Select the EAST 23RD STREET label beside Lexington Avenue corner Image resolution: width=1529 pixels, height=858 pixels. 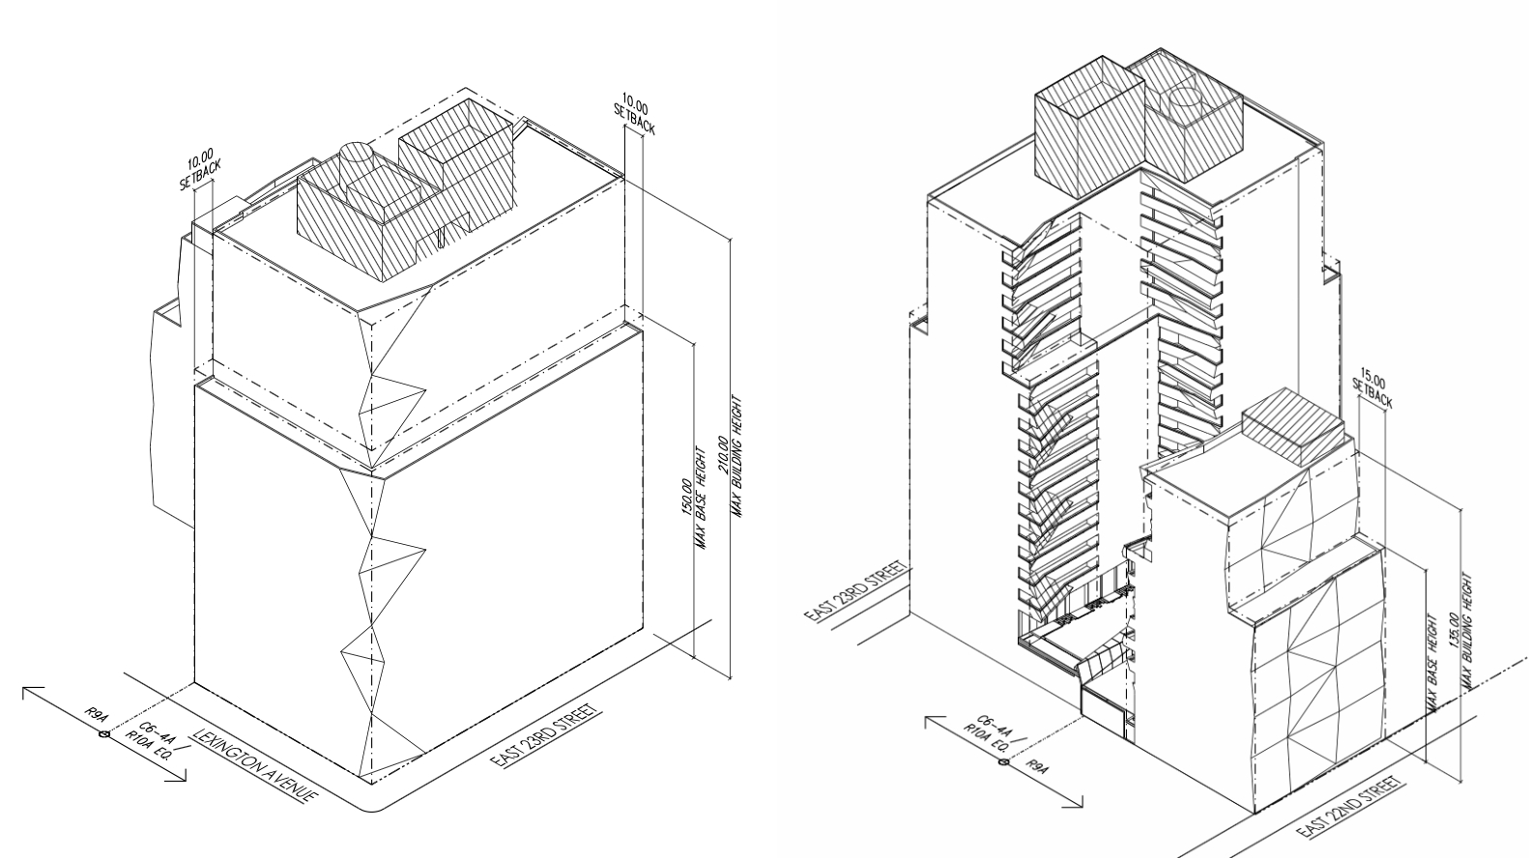541,736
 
